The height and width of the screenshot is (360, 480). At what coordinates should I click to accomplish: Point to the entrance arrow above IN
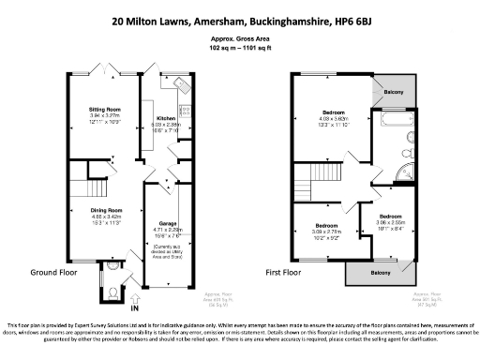133,295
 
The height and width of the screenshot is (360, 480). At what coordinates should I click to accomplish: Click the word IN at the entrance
133,307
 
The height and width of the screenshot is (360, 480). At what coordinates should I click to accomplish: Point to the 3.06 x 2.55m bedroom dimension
391,221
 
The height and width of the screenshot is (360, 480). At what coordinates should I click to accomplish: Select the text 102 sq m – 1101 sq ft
240,48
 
